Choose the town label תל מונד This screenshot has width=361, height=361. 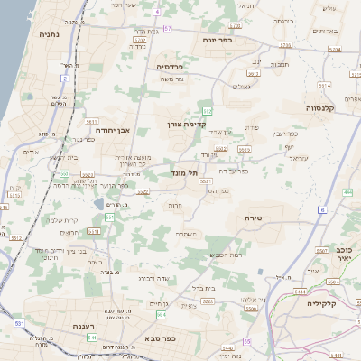pos(183,171)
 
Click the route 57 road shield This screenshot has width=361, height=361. pos(168,29)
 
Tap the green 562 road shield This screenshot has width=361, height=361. pos(208,111)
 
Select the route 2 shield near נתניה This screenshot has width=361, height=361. pos(65,79)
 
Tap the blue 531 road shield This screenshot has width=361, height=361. pos(19,323)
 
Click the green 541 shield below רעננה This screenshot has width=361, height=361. pos(90,337)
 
